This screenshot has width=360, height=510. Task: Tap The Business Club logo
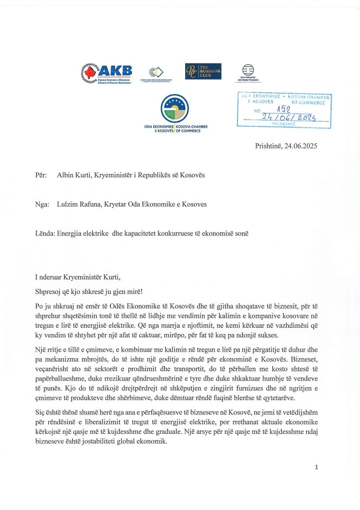[x=203, y=71]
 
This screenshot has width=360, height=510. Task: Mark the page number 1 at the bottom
[x=316, y=467]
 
